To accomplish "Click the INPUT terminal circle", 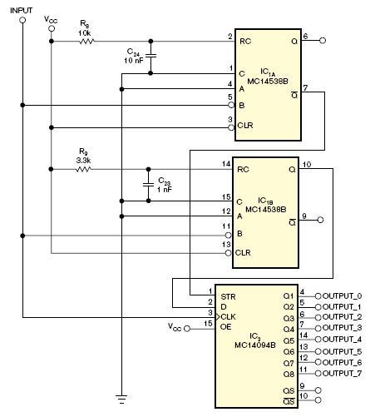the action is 22,20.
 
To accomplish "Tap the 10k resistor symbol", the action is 87,42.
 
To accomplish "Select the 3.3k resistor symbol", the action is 83,169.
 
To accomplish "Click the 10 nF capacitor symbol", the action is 150,56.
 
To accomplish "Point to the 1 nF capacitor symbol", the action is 148,184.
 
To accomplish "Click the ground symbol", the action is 121,399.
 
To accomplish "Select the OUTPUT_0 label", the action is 342,296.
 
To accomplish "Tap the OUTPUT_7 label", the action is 342,374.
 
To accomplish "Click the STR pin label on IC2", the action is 228,297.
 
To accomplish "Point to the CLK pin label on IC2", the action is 228,316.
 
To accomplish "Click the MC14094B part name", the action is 255,345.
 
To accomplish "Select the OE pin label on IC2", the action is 225,327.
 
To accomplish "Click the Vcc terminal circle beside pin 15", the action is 187,329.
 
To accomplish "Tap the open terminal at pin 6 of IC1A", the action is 323,41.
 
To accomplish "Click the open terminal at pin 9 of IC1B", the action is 320,220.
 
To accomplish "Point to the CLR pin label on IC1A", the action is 245,126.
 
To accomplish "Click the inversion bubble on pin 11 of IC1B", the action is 229,236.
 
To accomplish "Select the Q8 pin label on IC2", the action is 289,375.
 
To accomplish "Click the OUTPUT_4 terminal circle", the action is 318,340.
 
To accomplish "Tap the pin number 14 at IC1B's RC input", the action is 226,164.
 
